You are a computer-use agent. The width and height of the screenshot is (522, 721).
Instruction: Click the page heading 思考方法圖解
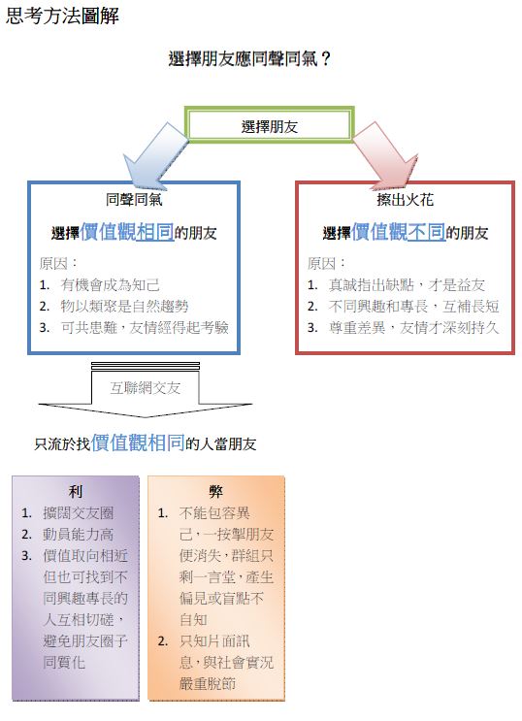coord(62,16)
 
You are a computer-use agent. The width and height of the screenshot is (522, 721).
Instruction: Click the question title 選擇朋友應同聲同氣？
coord(249,59)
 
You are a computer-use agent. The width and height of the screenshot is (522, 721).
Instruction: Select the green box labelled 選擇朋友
coord(270,125)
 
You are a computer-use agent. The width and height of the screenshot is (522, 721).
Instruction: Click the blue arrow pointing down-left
coord(154,156)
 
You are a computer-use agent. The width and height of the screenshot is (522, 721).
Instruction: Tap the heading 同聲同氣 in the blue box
coord(134,200)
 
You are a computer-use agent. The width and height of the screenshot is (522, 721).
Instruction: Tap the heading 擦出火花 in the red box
coord(406,200)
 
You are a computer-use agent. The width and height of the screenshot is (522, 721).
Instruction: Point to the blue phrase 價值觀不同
coord(398,231)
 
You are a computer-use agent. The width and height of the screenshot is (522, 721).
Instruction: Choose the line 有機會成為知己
coord(110,285)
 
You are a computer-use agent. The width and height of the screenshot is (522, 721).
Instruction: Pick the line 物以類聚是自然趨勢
coord(124,307)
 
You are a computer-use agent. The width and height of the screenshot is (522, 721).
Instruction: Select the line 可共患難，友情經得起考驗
coord(145,327)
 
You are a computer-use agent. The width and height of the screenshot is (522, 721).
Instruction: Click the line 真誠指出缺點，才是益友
coord(407,285)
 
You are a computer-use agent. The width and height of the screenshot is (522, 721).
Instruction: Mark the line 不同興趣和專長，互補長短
coord(414,307)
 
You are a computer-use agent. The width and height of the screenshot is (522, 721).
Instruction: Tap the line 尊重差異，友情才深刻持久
coord(414,327)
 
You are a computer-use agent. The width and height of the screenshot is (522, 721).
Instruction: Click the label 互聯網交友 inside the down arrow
coord(145,388)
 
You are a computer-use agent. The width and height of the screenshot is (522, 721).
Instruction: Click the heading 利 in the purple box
coord(76,492)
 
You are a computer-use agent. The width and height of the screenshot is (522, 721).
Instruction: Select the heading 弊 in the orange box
coord(215,492)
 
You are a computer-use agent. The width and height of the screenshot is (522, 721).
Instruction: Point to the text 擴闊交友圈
coord(79,512)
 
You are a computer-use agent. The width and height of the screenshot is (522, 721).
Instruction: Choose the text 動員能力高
coord(79,535)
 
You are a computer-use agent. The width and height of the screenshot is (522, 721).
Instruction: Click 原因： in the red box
coord(326,264)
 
